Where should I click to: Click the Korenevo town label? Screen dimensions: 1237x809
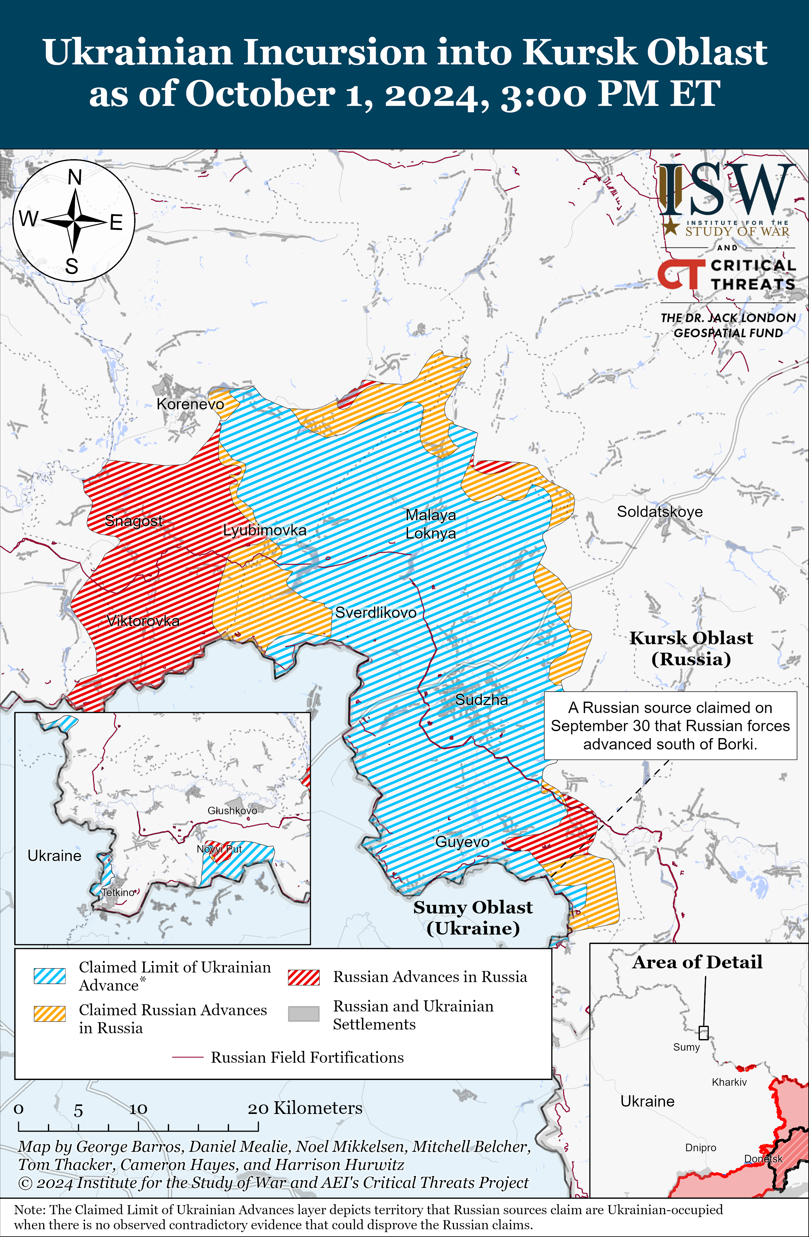pyautogui.click(x=190, y=404)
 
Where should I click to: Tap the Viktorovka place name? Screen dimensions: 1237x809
pyautogui.click(x=143, y=621)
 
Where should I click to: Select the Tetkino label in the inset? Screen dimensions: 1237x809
pyautogui.click(x=118, y=893)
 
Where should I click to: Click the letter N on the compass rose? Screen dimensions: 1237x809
pyautogui.click(x=75, y=178)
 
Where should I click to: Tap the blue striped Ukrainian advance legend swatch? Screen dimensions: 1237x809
pyautogui.click(x=49, y=976)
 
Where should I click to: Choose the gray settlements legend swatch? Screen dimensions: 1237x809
pyautogui.click(x=304, y=1013)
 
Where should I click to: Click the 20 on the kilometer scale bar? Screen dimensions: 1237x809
pyautogui.click(x=258, y=1109)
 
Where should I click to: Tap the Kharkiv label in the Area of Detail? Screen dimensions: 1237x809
pyautogui.click(x=729, y=1082)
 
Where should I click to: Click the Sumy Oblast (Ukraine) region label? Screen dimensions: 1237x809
pyautogui.click(x=473, y=917)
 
